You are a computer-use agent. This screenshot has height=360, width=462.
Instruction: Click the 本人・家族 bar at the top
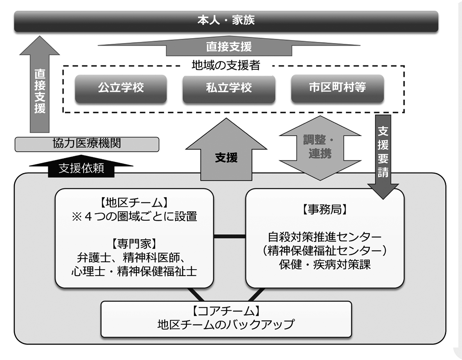click(x=226, y=21)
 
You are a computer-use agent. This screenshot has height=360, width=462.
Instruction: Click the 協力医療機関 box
click(x=87, y=143)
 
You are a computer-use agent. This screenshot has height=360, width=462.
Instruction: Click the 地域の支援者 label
click(x=226, y=65)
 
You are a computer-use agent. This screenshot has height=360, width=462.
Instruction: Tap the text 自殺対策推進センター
click(x=324, y=237)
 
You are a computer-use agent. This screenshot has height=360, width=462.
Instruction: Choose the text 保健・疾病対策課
click(x=324, y=264)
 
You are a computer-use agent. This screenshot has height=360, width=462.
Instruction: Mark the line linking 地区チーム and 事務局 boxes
click(x=230, y=236)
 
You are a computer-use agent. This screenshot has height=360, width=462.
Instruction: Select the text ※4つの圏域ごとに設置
click(x=134, y=216)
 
